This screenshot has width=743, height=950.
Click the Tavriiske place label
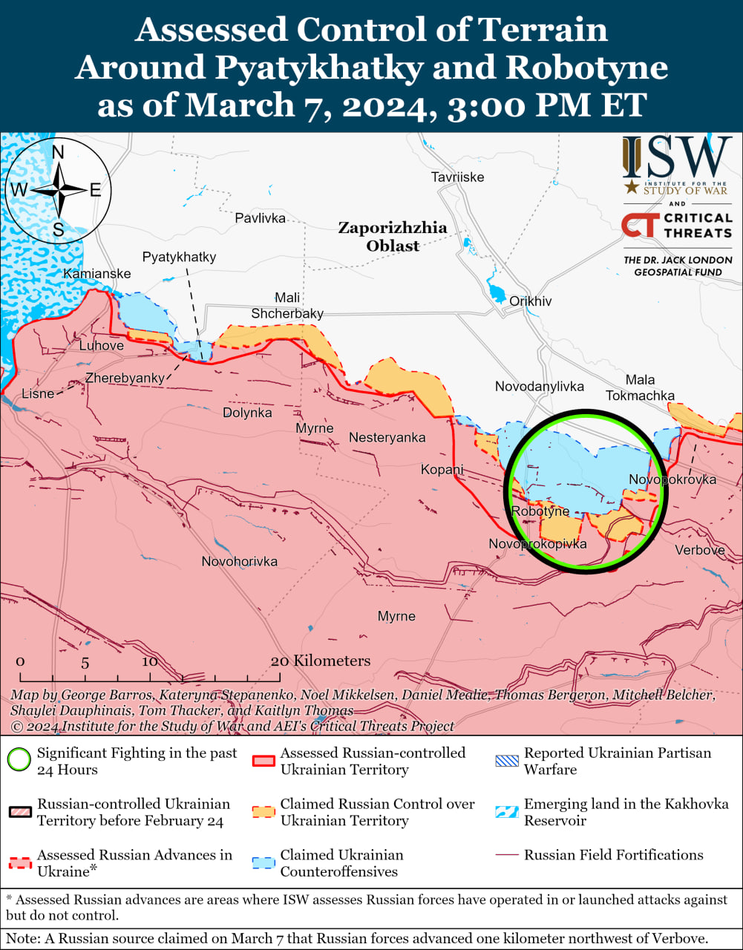(457, 177)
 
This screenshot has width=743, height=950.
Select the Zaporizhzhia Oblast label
(393, 236)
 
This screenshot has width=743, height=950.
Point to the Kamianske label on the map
(97, 274)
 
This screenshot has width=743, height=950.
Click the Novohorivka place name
(240, 562)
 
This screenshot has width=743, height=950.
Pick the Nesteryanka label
(387, 438)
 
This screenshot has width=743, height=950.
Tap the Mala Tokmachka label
(640, 387)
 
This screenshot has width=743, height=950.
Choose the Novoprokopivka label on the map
(537, 544)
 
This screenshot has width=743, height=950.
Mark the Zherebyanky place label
(125, 379)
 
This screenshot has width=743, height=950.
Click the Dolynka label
(247, 413)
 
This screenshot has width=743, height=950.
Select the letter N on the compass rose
(58, 153)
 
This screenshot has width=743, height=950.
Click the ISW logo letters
(677, 157)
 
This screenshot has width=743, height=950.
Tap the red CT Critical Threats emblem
(639, 225)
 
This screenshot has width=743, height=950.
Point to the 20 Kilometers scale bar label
(321, 661)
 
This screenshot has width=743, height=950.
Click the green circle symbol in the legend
(19, 761)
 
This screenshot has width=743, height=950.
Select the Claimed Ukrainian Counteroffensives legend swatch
(263, 863)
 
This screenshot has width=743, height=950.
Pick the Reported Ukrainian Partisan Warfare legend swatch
(506, 761)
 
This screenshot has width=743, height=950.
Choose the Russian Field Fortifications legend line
(506, 855)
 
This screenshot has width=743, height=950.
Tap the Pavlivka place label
(260, 218)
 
